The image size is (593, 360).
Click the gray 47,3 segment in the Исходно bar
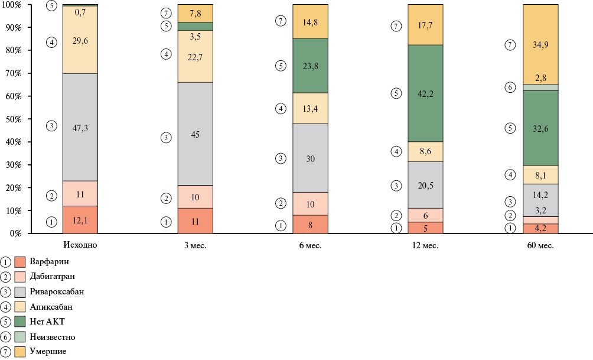(80, 127)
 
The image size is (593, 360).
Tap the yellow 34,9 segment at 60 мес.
(541, 44)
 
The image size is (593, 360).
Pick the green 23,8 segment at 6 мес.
(310, 66)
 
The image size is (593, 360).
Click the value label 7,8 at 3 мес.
(196, 13)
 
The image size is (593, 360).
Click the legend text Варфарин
(51, 260)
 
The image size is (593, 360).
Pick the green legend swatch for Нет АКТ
(20, 322)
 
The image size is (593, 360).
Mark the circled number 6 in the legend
(6, 337)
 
